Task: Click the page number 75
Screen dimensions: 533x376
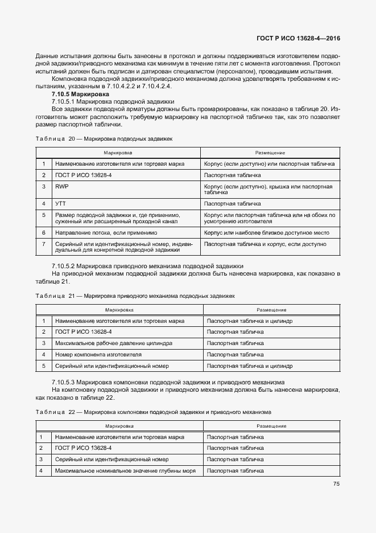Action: tap(336, 484)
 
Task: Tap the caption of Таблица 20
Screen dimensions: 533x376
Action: tap(104, 138)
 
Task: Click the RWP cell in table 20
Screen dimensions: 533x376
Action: tap(61, 186)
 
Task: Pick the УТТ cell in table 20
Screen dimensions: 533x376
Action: tap(60, 203)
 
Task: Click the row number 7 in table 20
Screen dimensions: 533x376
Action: tap(43, 244)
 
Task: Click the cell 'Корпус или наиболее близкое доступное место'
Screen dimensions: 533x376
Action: tap(265, 233)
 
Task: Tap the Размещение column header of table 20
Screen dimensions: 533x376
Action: tap(270, 153)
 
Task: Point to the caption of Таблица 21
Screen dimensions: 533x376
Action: tap(135, 296)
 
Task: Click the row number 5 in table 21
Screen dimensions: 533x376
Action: tap(43, 366)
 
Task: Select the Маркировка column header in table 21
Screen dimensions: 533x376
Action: tap(119, 310)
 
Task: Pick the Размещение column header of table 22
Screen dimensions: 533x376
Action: tap(271, 426)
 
